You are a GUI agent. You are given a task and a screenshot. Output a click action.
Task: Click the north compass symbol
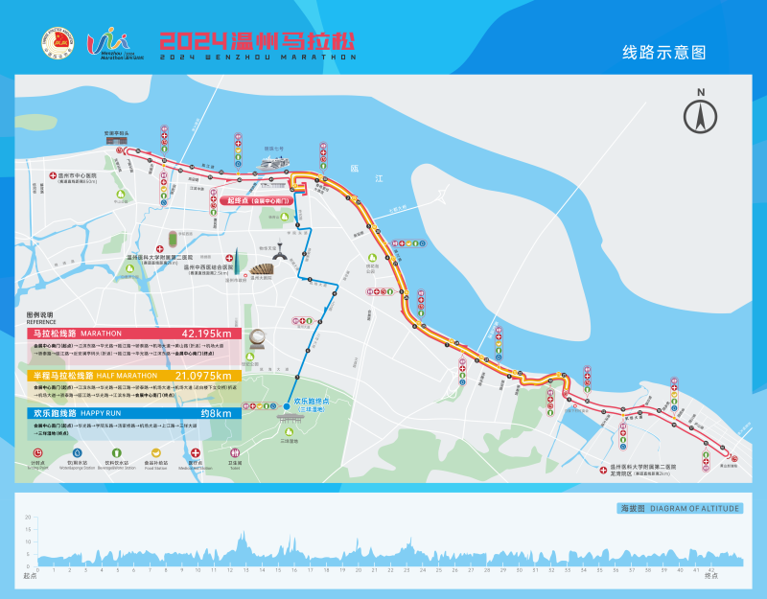pyautogui.click(x=701, y=114)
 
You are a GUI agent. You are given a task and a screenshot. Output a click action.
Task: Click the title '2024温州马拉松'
pyautogui.click(x=257, y=41)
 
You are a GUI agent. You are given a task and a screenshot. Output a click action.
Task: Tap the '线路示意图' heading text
pyautogui.click(x=663, y=53)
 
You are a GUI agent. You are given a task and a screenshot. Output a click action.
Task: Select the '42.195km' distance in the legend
pyautogui.click(x=206, y=334)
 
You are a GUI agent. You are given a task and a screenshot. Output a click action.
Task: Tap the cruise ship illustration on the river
pyautogui.click(x=273, y=163)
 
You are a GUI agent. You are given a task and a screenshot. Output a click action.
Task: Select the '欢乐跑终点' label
pyautogui.click(x=311, y=402)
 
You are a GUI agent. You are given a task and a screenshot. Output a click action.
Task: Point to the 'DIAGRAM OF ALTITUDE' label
pyautogui.click(x=695, y=508)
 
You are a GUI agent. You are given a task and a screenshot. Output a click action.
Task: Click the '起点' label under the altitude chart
pyautogui.click(x=29, y=576)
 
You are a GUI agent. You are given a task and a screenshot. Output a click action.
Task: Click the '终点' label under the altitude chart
pyautogui.click(x=710, y=576)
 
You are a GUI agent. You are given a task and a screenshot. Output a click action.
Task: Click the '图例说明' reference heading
pyautogui.click(x=41, y=315)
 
